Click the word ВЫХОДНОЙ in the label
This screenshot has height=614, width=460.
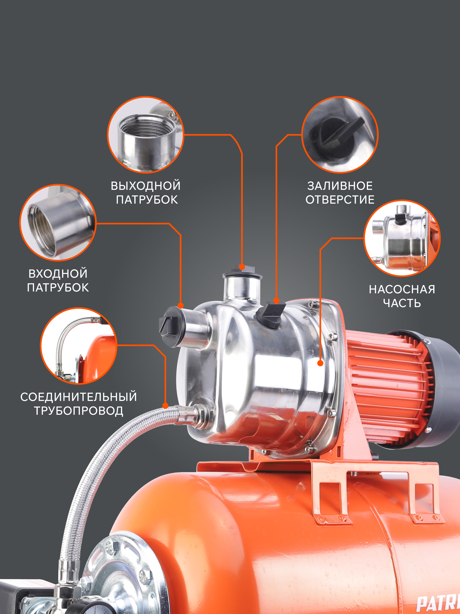click(146, 186)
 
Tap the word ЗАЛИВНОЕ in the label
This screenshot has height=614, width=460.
click(340, 186)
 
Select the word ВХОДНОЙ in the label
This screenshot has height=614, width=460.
click(58, 274)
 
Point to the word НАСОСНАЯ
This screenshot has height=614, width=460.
click(402, 290)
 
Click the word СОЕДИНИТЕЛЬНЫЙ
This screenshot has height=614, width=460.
click(79, 397)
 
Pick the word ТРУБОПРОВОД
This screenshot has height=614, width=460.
click(79, 411)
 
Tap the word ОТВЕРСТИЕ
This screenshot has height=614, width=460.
click(340, 200)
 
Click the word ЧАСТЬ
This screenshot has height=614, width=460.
click(402, 303)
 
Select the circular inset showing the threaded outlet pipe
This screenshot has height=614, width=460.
click(146, 135)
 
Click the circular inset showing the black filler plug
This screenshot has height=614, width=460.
click(340, 135)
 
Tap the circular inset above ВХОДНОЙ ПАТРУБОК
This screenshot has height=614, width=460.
click(58, 223)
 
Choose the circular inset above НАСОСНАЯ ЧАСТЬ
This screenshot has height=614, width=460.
click(402, 238)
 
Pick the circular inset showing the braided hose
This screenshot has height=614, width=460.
click(79, 346)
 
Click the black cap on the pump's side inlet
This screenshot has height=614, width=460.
click(170, 327)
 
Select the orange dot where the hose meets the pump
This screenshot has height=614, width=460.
click(165, 406)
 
